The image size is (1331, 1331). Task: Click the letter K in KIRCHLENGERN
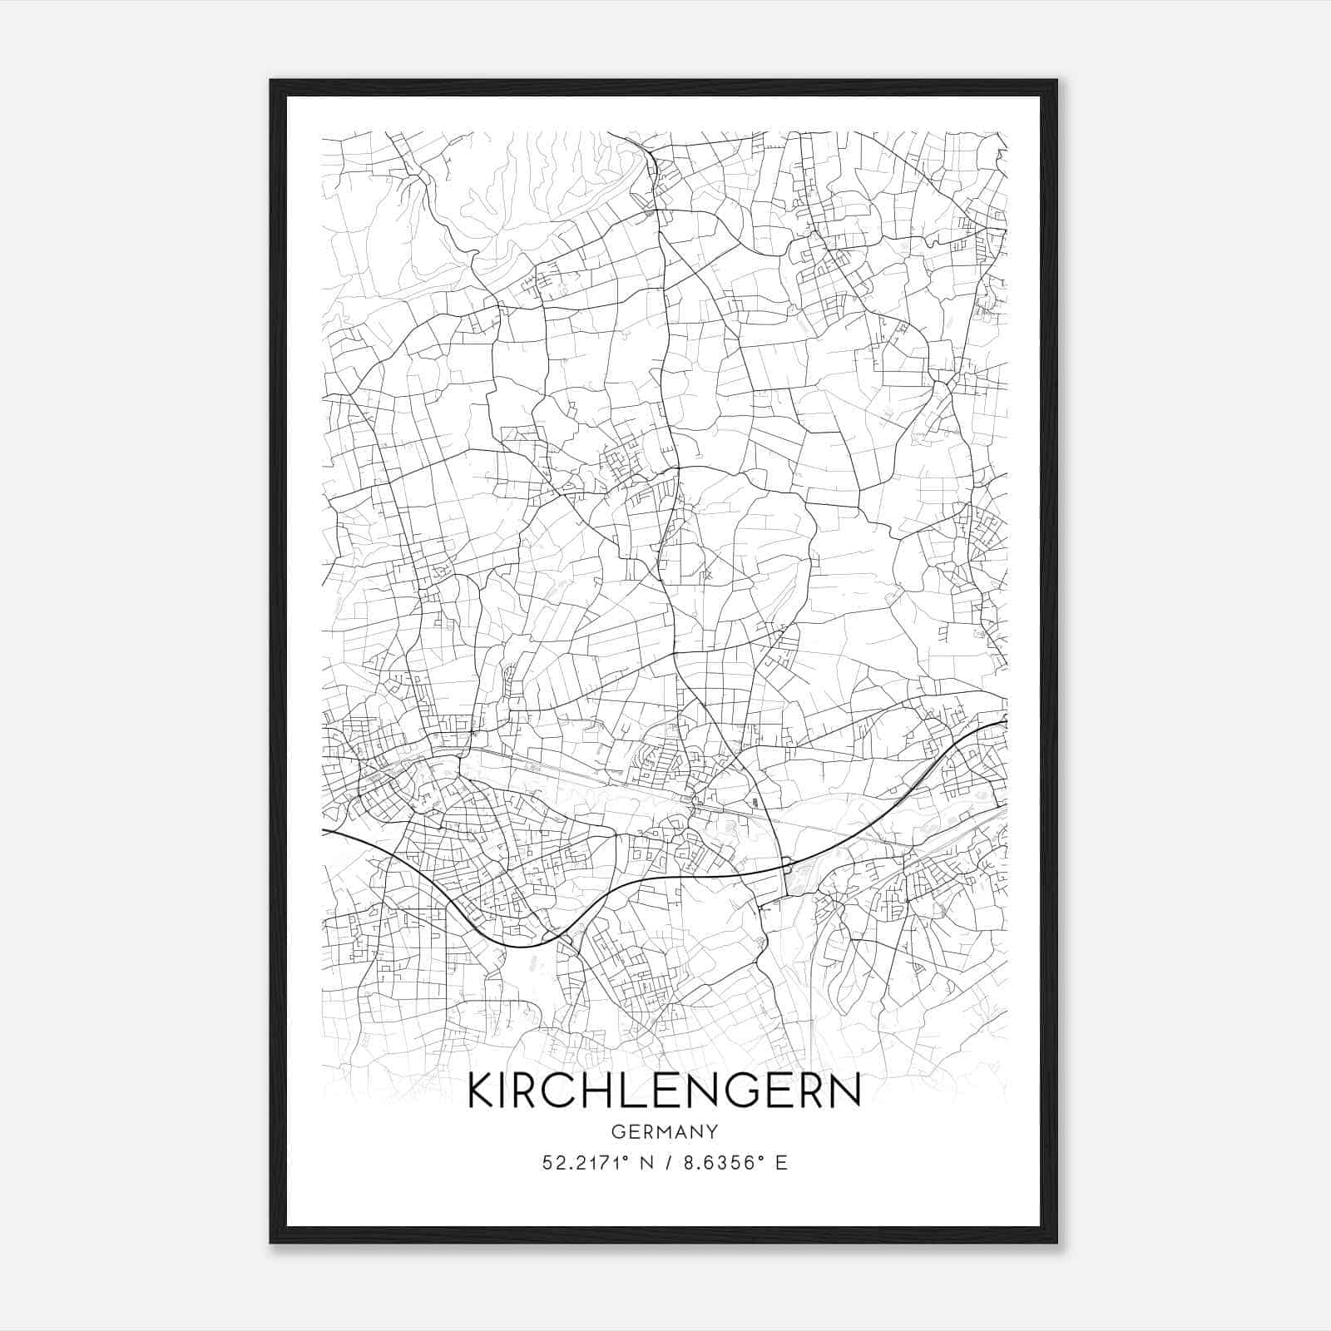tap(484, 1091)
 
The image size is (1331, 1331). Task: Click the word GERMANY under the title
tap(664, 1131)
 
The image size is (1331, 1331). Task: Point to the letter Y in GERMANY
tap(712, 1131)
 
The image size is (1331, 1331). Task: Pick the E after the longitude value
tap(780, 1163)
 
